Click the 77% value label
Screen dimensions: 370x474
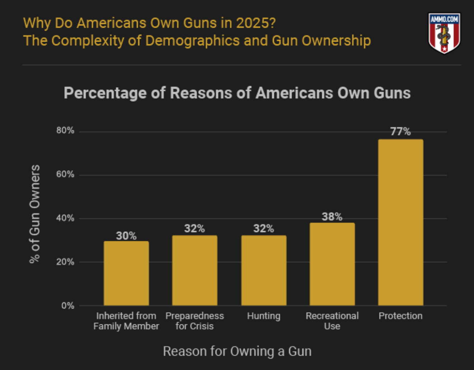(400, 131)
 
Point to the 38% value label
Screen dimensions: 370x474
(332, 217)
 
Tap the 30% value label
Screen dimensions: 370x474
(126, 236)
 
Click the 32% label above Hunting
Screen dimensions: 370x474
(264, 228)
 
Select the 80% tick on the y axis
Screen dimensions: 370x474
(65, 130)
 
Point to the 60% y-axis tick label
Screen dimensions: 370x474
(65, 174)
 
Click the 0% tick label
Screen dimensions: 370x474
(68, 306)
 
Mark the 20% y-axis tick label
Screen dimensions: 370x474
(65, 262)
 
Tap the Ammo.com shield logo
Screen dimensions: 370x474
(444, 33)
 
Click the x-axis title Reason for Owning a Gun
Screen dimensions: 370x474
(237, 351)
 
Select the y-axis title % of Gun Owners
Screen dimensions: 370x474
(34, 214)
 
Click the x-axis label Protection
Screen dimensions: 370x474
(400, 316)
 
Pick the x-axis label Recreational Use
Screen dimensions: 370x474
(332, 321)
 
